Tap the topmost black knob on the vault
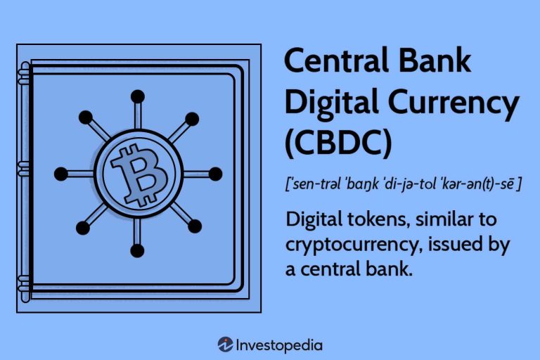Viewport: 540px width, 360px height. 138,96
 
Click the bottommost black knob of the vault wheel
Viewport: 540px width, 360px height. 138,250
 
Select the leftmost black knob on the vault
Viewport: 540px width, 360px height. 61,174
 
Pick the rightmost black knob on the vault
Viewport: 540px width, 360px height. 215,174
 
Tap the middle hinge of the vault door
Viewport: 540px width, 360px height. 25,169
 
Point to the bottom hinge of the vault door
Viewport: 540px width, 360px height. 25,277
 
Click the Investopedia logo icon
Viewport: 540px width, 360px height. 225,345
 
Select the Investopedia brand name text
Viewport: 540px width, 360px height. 281,345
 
